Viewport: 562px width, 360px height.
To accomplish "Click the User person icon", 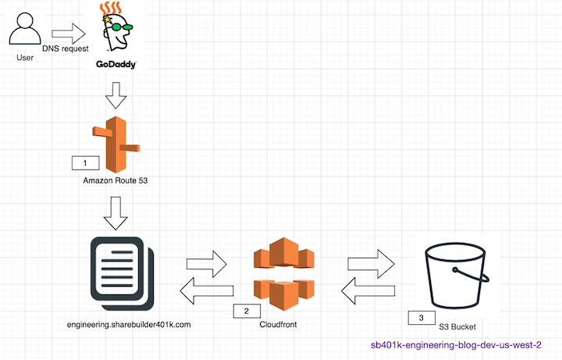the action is [25, 29].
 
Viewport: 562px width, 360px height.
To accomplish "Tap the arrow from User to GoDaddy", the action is [69, 34].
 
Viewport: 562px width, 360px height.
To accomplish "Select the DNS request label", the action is [66, 48].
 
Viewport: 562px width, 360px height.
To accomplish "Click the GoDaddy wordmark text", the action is [116, 65].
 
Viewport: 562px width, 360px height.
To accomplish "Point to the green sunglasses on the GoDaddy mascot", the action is [122, 27].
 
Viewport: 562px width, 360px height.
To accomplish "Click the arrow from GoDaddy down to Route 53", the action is [116, 95].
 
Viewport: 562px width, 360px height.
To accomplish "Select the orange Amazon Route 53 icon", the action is [116, 144].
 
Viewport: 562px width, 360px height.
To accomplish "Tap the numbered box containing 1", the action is [85, 163].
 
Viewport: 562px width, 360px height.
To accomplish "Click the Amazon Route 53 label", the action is [116, 180].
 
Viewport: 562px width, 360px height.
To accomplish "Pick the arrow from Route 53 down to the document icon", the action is [116, 213].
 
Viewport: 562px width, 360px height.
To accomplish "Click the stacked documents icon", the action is [123, 273].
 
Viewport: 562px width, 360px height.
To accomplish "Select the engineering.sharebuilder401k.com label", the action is [129, 325].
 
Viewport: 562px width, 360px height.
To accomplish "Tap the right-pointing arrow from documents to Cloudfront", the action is [206, 264].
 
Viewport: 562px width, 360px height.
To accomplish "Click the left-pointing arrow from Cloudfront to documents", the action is [206, 290].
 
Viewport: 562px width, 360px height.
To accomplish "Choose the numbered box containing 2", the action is [247, 312].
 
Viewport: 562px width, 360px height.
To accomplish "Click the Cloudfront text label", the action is [278, 325].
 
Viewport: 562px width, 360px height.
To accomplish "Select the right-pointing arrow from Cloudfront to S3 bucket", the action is [371, 264].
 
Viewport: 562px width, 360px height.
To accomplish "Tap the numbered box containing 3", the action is [421, 318].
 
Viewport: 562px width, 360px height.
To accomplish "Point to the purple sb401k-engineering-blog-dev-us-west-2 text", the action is [456, 345].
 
